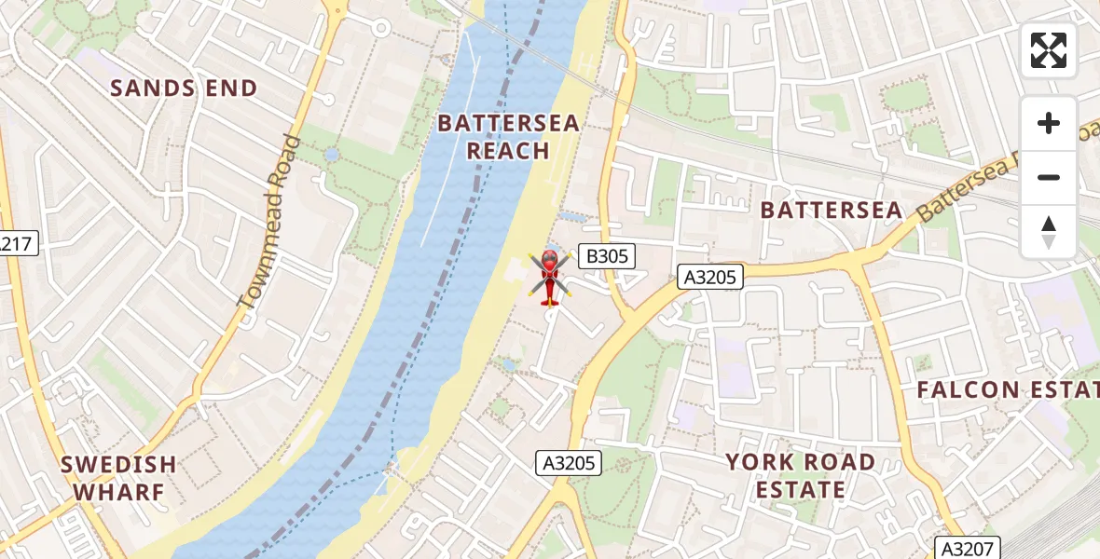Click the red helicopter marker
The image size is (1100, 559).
[549, 277]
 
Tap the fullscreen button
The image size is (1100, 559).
[1049, 50]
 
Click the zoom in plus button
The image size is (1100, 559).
[1049, 123]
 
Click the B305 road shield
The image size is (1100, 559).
[606, 256]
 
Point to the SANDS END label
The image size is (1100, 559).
[184, 89]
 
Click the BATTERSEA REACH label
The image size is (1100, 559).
[508, 137]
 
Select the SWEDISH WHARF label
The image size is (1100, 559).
[118, 477]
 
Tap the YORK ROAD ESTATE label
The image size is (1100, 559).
[800, 475]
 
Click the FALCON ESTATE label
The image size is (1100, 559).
[1007, 389]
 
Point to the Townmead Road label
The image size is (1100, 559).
[270, 222]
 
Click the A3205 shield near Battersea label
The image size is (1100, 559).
[710, 277]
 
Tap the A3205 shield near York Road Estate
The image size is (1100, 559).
[570, 462]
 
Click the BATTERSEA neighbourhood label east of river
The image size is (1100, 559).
[832, 211]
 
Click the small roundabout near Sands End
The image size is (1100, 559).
[380, 28]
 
